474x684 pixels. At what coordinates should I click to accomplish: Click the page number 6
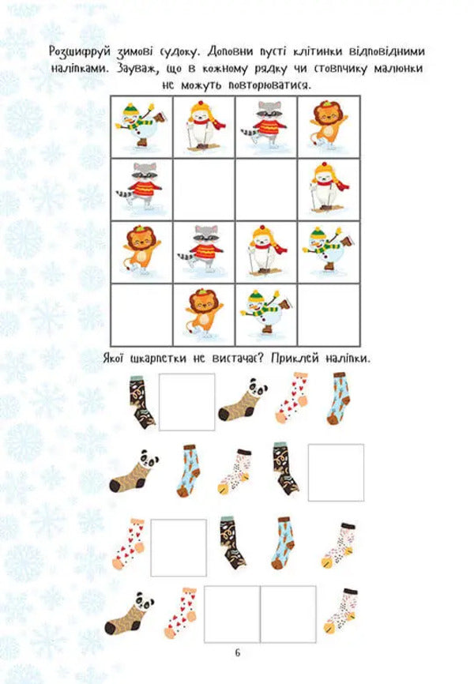point(237,652)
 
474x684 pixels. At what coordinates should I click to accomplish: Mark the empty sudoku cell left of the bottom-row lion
point(142,314)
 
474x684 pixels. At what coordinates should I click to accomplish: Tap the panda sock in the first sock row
point(245,403)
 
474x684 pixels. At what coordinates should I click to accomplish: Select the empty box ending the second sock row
point(335,472)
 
